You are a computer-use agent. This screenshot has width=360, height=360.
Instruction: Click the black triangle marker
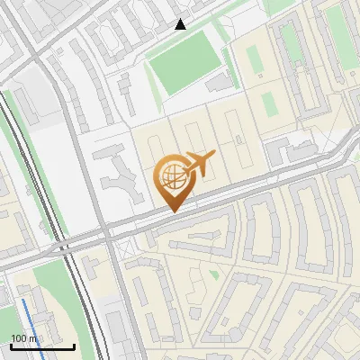(181, 24)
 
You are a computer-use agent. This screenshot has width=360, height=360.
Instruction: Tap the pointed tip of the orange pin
(172, 211)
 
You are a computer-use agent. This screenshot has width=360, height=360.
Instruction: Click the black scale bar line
(41, 346)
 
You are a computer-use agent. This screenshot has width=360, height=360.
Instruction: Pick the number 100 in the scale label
(19, 338)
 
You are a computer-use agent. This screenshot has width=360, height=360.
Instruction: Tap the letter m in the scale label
(33, 338)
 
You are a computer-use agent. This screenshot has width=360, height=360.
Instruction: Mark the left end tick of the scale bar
(10, 345)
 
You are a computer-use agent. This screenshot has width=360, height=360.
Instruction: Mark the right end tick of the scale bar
(74, 345)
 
